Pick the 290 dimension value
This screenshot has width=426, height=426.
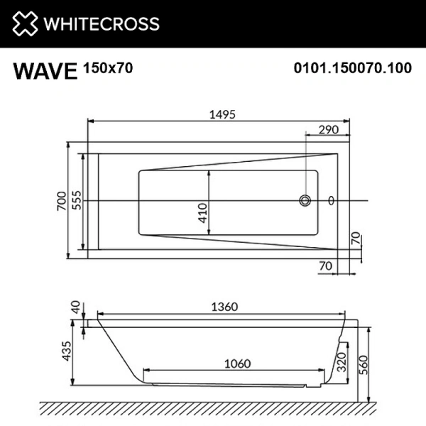pos(327,130)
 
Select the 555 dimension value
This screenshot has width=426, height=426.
pos(77,202)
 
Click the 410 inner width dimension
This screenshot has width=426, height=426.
pos(202,212)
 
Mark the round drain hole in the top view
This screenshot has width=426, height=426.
pos(305,201)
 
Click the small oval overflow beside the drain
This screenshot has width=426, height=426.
pos(332,201)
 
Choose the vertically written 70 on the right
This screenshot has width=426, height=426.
pos(356,239)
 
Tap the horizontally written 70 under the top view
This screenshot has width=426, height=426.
pos(326,266)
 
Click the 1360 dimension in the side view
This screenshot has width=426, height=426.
pos(222,307)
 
